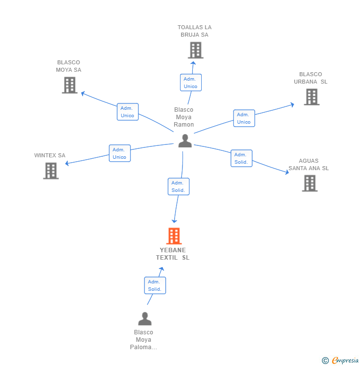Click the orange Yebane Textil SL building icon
pyautogui.click(x=174, y=236)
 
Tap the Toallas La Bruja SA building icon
pyautogui.click(x=195, y=50)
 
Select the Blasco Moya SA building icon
pyautogui.click(x=70, y=85)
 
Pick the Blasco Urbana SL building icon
pyautogui.click(x=312, y=97)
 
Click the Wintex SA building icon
pyautogui.click(x=51, y=171)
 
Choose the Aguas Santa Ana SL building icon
pyautogui.click(x=310, y=183)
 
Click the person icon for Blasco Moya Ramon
pyautogui.click(x=185, y=141)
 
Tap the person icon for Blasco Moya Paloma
pyautogui.click(x=145, y=319)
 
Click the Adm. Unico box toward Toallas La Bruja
pyautogui.click(x=190, y=83)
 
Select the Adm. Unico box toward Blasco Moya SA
pyautogui.click(x=128, y=112)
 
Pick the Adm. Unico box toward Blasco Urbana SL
pyautogui.click(x=244, y=118)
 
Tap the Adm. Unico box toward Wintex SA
pyautogui.click(x=120, y=153)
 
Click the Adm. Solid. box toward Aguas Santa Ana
pyautogui.click(x=241, y=158)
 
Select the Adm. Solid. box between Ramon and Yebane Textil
pyautogui.click(x=179, y=186)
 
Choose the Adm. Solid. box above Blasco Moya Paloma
pyautogui.click(x=155, y=285)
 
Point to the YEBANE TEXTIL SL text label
pyautogui.click(x=173, y=254)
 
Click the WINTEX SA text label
pyautogui.click(x=49, y=155)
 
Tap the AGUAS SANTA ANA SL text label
pyautogui.click(x=309, y=164)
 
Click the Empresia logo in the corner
pyautogui.click(x=341, y=361)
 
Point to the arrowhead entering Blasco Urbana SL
pyautogui.click(x=292, y=104)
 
